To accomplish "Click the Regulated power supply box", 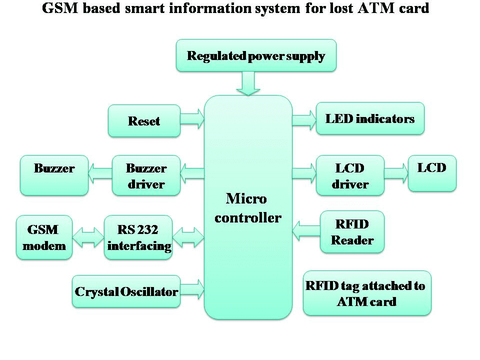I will pos(256,56).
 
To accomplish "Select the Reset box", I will pos(144,121).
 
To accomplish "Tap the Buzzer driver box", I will pos(146,175).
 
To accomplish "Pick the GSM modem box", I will pos(44,237).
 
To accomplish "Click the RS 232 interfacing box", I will pos(138,237).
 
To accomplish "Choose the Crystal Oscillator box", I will pos(126,291).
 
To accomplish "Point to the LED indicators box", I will pos(370,118).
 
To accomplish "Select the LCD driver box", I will pos(350,175).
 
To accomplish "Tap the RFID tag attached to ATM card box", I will pos(366,293).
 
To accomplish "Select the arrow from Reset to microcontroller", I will pos(192,119).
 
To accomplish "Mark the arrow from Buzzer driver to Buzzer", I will pos(100,174).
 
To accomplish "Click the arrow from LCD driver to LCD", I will pos(396,173).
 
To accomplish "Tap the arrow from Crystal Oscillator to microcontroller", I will pos(192,290).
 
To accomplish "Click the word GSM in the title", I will pos(57,8).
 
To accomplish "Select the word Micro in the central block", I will pos(246,198).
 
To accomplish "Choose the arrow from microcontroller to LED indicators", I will pos(304,119).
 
